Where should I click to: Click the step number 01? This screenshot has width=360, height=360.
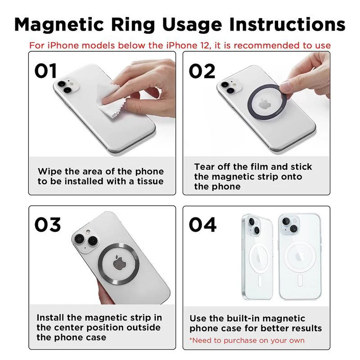point(46,71)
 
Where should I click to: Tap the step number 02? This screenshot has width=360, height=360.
point(202,71)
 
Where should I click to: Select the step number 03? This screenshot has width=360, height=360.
point(48,225)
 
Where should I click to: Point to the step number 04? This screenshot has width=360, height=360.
point(202,225)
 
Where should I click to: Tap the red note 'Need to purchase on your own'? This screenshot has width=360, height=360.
point(247,340)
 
